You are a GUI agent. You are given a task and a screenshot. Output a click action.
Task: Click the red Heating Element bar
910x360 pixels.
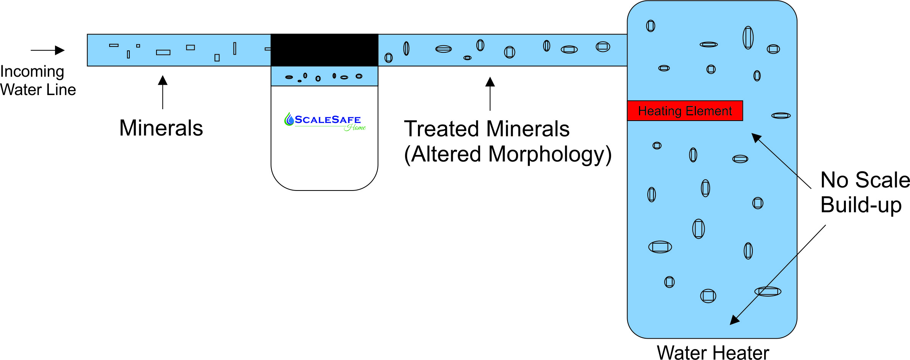685,111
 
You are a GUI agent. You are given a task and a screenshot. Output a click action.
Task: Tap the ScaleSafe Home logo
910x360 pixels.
325,122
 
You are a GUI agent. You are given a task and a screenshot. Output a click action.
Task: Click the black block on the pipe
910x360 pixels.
324,50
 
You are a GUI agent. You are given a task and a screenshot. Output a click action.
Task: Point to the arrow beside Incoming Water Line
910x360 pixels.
48,50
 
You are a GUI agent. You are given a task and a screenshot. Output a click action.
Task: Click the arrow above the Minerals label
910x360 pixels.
163,92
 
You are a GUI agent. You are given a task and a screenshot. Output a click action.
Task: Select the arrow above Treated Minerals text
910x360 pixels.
490,94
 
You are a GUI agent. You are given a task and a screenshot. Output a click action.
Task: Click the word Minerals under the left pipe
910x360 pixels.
161,128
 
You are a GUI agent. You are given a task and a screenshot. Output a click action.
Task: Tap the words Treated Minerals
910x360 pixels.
487,129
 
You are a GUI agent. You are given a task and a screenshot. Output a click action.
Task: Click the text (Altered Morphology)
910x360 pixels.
508,154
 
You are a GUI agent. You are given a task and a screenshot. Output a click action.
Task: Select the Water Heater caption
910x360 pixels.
713,352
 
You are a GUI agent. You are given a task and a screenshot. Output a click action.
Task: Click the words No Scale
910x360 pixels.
865,180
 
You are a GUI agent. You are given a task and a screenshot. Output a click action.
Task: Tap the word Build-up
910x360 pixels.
861,205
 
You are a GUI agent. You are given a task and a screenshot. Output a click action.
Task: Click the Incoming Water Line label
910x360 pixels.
38,81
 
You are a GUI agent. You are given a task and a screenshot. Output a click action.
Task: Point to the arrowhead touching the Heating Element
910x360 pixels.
756,137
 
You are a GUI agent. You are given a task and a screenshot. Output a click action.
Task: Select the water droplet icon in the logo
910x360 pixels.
289,119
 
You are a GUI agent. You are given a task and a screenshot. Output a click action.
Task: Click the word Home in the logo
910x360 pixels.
355,128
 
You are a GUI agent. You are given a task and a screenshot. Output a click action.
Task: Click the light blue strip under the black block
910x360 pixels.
324,76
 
